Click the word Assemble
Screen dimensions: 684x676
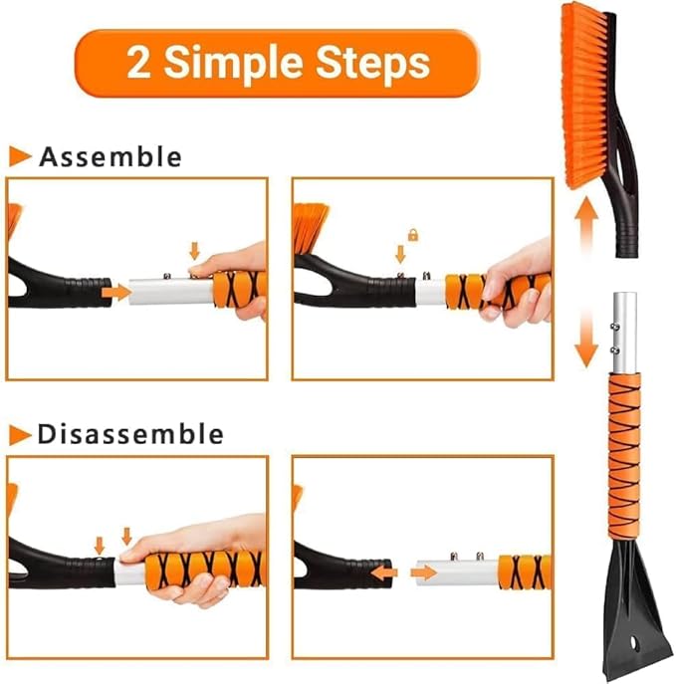pos(111,156)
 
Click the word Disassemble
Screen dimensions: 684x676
pos(130,434)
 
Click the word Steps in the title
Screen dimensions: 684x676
pos(368,63)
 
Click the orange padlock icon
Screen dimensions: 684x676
pos(412,235)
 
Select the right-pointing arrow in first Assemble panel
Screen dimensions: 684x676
pos(116,293)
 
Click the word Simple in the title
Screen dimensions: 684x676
pos(234,63)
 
